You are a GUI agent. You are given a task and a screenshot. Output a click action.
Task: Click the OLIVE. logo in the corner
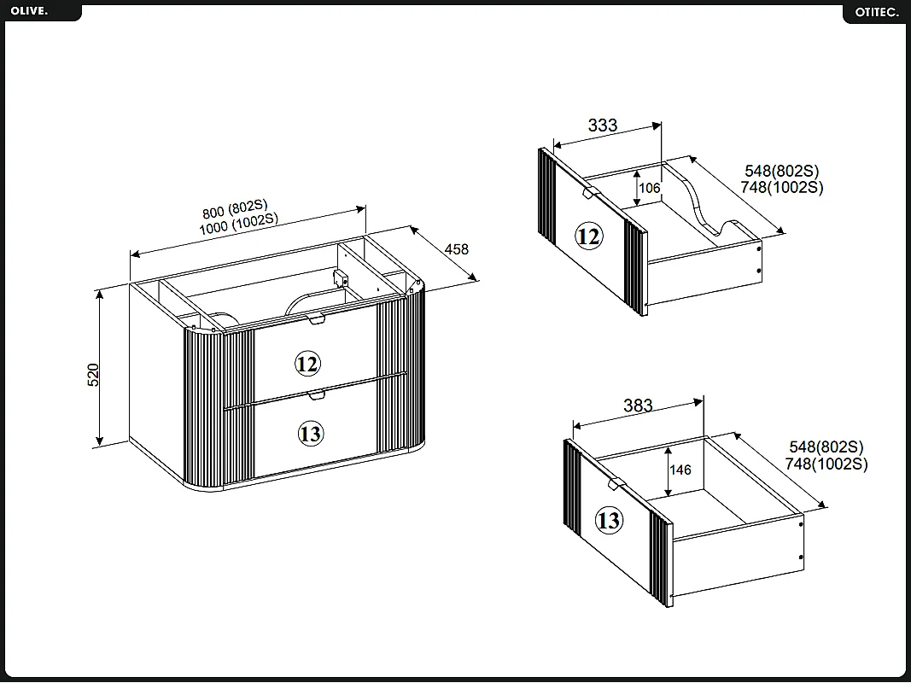[x=29, y=10]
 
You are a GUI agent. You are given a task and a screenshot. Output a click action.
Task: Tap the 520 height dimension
[x=93, y=375]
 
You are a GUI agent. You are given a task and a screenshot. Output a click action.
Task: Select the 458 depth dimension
[x=456, y=249]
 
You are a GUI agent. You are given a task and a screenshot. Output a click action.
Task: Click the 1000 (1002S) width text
[x=239, y=223]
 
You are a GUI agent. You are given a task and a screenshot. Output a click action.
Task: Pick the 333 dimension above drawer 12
[x=603, y=125]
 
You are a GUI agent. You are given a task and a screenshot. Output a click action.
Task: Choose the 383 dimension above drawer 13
[x=638, y=405]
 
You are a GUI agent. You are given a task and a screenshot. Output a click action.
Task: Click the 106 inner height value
[x=650, y=188]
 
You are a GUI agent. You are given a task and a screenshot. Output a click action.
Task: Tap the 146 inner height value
[x=680, y=470]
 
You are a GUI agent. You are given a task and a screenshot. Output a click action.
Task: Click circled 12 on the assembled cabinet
[x=307, y=364]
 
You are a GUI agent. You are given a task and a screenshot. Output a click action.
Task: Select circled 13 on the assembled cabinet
[x=310, y=433]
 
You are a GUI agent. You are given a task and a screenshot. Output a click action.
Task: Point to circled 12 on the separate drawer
[x=588, y=236]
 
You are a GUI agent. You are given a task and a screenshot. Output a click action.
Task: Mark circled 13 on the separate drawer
[x=609, y=520]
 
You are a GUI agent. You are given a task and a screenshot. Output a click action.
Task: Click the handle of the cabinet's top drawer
[x=317, y=318]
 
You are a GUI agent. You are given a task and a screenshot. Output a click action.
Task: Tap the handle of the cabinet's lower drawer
[x=317, y=395]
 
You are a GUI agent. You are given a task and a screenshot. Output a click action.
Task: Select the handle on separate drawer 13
[x=616, y=483]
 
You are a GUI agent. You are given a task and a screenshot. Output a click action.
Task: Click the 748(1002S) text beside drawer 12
[x=782, y=188]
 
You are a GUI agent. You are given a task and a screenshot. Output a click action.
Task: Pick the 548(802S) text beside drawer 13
[x=826, y=447]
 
